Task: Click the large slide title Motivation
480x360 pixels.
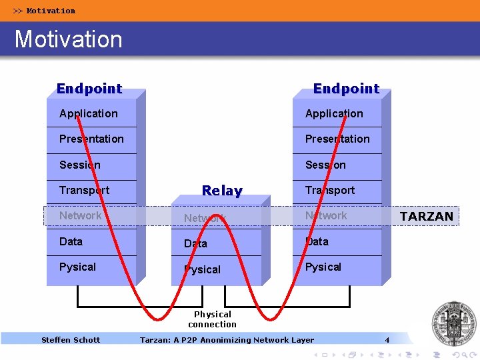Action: [x=69, y=39]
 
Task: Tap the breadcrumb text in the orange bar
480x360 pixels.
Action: [x=45, y=11]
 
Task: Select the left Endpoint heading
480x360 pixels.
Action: [x=89, y=89]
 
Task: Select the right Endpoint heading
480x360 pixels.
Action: [x=346, y=89]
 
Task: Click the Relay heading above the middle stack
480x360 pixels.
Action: [x=222, y=191]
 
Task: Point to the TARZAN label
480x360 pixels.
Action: [x=426, y=216]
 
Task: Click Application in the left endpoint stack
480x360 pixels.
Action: [x=88, y=114]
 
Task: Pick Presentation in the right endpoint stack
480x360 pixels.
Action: [x=337, y=139]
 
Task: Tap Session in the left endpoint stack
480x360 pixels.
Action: [x=79, y=165]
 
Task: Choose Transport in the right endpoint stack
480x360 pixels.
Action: [x=330, y=191]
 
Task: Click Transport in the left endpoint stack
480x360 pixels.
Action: [x=84, y=191]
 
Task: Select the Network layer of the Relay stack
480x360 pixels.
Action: [x=205, y=218]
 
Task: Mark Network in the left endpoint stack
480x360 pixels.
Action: [x=80, y=216]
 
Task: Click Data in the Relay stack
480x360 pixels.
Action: [x=195, y=244]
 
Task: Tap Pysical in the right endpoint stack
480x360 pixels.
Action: [x=323, y=267]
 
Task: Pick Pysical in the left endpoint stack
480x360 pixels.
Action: [x=77, y=267]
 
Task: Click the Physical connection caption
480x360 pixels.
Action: [x=212, y=319]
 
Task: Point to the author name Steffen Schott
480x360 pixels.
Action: [x=71, y=340]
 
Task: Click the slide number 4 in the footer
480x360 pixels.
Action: [x=387, y=340]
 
